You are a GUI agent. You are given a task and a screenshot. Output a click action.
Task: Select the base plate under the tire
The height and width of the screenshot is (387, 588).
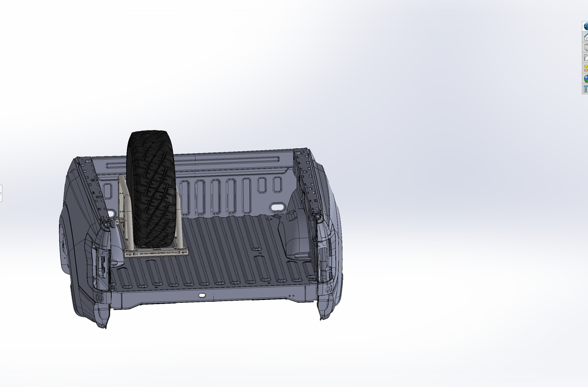tap(156, 252)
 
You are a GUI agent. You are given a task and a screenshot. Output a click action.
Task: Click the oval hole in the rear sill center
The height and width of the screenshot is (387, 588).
tap(202, 295)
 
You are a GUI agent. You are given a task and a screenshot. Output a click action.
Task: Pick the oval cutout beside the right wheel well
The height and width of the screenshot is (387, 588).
tap(275, 208)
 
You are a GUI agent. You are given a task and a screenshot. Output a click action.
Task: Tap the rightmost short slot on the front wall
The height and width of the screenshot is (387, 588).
tap(278, 185)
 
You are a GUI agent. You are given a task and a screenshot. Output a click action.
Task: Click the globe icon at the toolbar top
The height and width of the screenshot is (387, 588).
tap(586, 26)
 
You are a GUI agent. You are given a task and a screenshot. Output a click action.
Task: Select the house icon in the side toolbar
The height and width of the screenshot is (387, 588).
tap(586, 36)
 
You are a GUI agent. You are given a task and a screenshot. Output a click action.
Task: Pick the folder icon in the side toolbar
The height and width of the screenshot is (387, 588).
tap(586, 58)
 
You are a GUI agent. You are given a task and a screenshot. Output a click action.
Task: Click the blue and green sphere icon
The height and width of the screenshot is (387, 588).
tap(586, 78)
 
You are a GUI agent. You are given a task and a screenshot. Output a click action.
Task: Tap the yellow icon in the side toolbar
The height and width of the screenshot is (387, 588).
tap(586, 68)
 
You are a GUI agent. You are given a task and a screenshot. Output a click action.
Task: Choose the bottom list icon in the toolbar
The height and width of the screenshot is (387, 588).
tap(586, 89)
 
